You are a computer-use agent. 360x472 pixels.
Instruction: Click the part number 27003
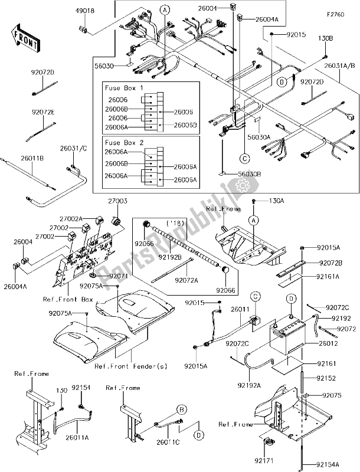(x=117, y=201)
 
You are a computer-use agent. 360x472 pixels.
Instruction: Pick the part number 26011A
(x=77, y=438)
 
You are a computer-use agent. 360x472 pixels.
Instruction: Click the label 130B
(x=326, y=38)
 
